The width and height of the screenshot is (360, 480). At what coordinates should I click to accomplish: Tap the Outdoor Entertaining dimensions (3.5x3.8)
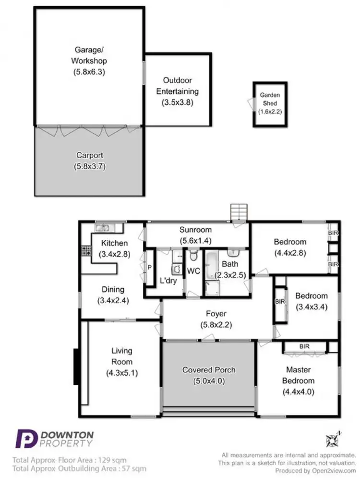178,102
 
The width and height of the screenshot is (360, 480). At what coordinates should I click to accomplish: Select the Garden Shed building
270,104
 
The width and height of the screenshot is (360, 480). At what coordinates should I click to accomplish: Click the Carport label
89,156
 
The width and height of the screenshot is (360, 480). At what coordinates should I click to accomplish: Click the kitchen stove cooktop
86,250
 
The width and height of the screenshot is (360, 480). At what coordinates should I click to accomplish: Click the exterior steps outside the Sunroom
238,211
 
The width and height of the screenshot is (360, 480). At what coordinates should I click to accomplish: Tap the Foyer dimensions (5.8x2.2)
216,324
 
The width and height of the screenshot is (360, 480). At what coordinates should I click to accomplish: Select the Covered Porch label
209,370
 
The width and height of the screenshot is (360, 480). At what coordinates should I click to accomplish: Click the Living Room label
122,356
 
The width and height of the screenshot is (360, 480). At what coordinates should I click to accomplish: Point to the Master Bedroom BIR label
304,346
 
